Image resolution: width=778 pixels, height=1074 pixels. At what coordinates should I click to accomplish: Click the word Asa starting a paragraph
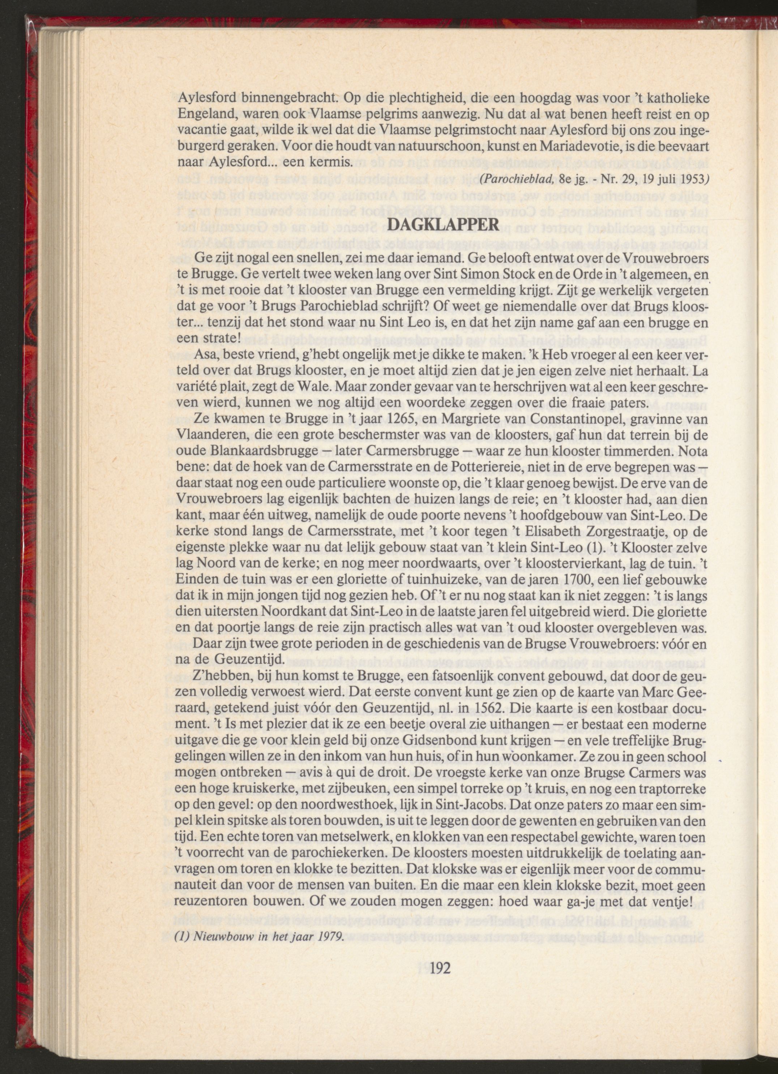point(208,357)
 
